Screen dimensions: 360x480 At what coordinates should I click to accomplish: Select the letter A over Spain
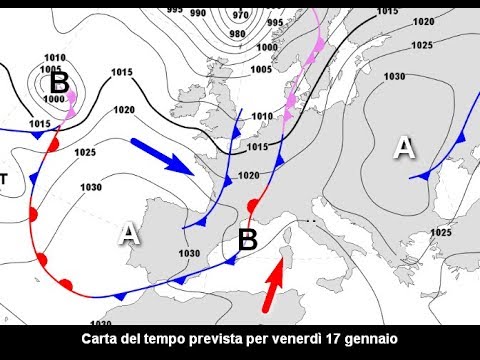click(x=128, y=234)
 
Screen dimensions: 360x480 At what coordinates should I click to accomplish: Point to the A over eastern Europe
click(x=403, y=148)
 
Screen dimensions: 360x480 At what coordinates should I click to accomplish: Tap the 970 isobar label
click(x=240, y=16)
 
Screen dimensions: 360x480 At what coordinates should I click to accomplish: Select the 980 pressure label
click(x=237, y=33)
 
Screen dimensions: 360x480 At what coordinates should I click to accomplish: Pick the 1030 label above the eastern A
click(x=394, y=77)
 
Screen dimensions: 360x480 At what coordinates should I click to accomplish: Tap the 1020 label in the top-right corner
click(x=423, y=21)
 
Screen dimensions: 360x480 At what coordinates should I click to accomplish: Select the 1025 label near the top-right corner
click(x=423, y=45)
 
